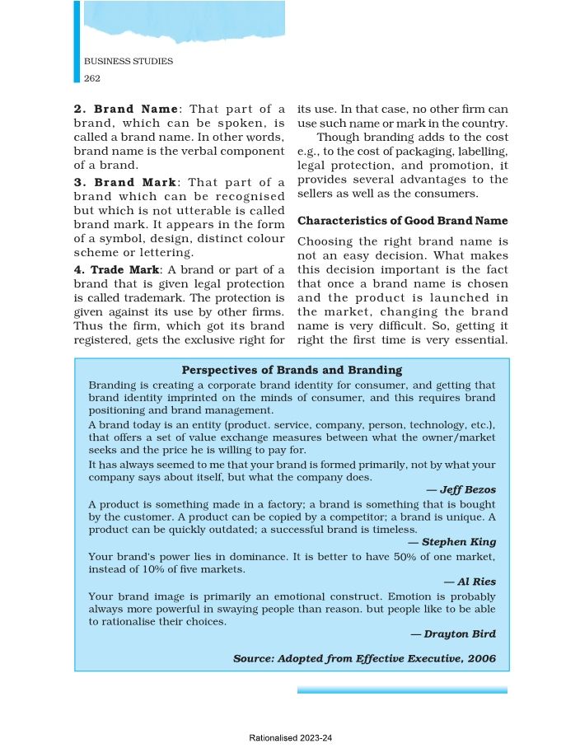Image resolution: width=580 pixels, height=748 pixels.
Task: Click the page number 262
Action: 91,78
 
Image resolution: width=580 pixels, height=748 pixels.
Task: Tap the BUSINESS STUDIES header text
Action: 129,62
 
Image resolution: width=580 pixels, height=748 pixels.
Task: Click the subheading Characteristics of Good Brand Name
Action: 402,221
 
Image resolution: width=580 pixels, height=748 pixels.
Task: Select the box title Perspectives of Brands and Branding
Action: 292,371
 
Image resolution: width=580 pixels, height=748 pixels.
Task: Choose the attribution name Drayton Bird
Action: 459,633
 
